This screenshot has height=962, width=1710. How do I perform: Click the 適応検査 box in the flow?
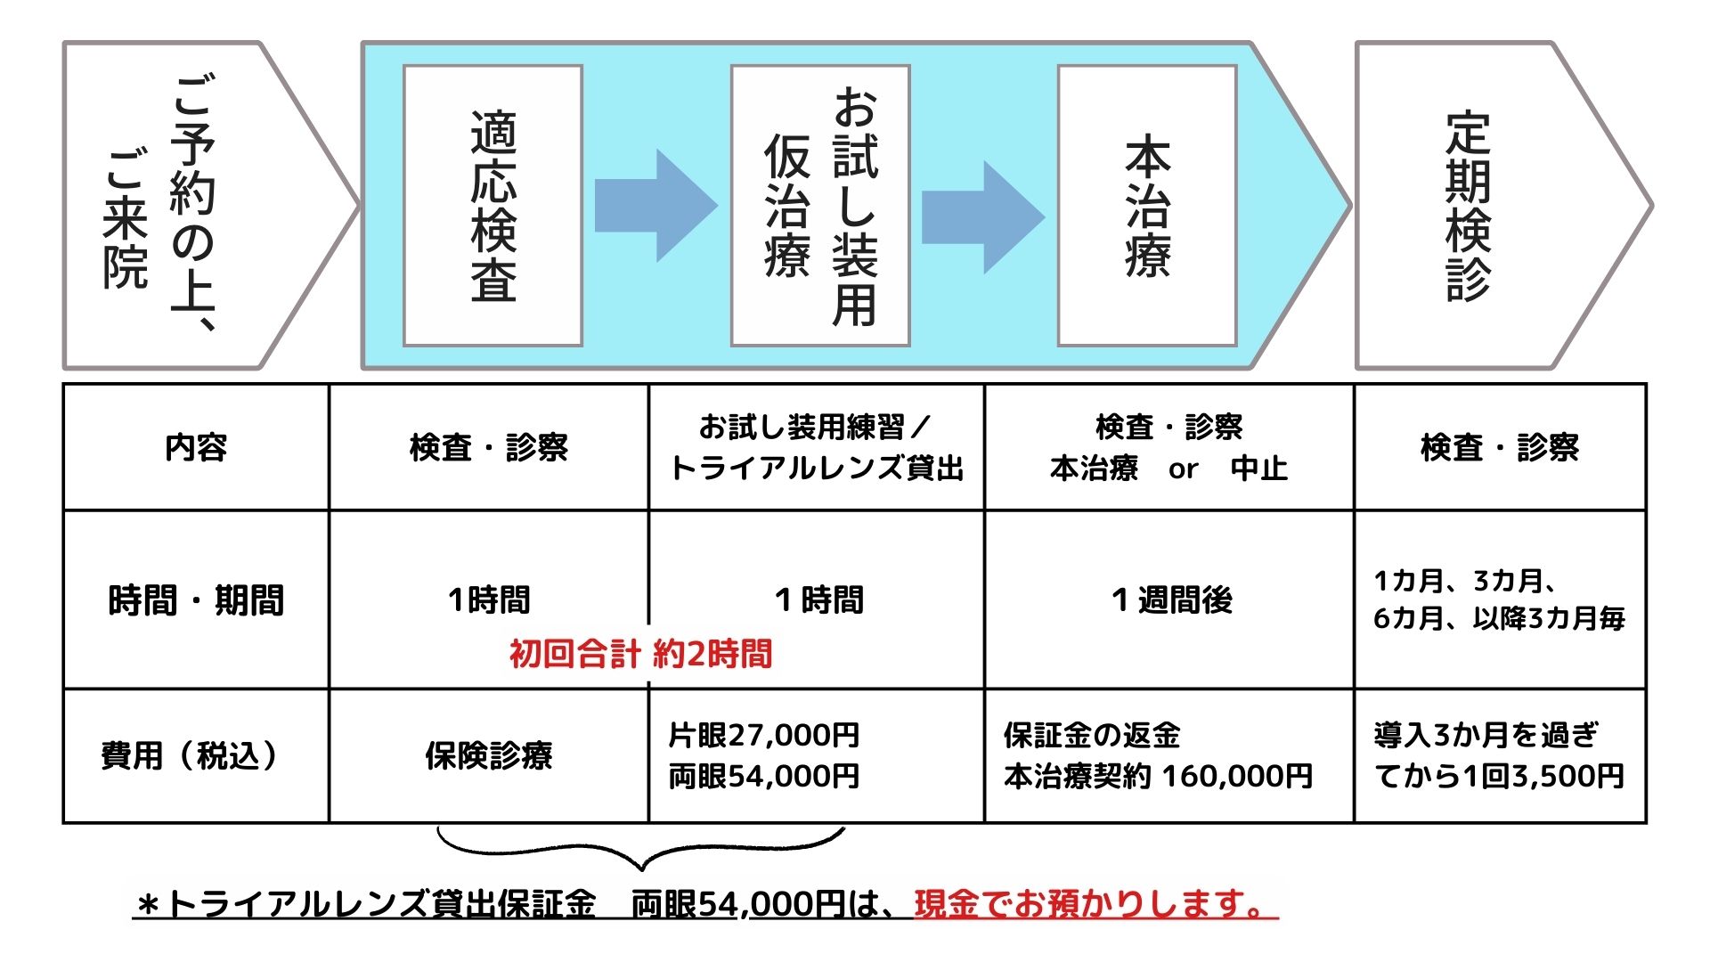click(x=493, y=206)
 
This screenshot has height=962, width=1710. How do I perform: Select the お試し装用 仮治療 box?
click(x=819, y=206)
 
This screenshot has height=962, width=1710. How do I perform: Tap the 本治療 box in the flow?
click(x=1147, y=206)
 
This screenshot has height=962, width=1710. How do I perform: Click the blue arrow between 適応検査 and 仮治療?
click(x=655, y=206)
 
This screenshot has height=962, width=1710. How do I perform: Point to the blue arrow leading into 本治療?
click(x=982, y=216)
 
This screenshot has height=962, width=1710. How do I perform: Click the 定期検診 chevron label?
click(x=1468, y=206)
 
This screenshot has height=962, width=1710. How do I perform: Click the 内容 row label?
click(x=196, y=447)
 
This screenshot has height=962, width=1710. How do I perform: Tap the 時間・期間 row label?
click(x=196, y=600)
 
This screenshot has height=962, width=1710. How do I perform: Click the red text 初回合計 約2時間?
click(x=640, y=655)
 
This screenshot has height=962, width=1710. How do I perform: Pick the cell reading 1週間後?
click(x=1171, y=600)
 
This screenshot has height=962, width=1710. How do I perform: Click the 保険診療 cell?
click(x=488, y=756)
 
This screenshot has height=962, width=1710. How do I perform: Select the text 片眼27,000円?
click(x=763, y=736)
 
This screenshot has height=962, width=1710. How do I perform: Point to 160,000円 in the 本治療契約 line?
click(x=1237, y=777)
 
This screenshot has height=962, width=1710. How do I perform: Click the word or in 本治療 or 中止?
click(x=1184, y=469)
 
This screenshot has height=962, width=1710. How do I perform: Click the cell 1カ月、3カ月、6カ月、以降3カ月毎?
click(x=1499, y=599)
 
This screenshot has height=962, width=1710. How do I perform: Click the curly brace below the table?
click(x=641, y=851)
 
